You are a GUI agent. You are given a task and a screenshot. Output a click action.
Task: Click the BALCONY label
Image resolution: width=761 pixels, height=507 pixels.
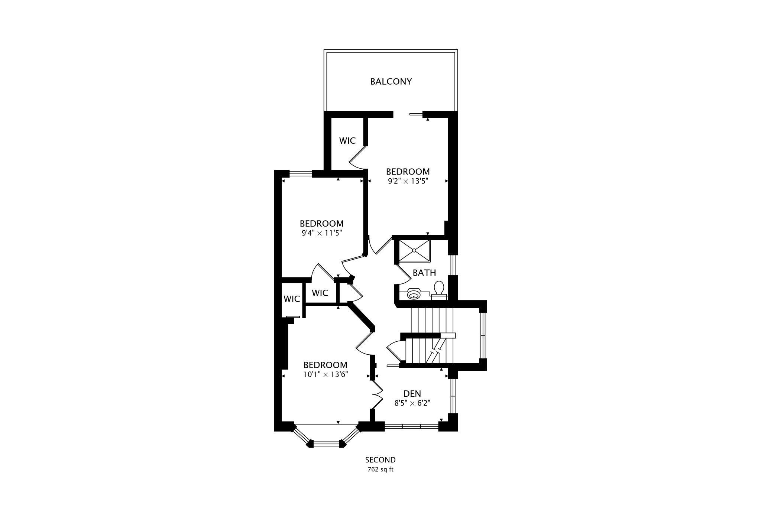click(x=391, y=81)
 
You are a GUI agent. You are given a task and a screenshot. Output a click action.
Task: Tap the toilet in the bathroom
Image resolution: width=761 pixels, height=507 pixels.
click(x=439, y=290)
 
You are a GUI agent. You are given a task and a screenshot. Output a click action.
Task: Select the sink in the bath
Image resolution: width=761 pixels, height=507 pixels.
click(x=414, y=295)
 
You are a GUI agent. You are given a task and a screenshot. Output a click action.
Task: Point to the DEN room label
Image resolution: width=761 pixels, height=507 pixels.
click(x=412, y=394)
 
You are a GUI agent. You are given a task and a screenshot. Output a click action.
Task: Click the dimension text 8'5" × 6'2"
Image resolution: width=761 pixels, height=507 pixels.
click(x=412, y=403)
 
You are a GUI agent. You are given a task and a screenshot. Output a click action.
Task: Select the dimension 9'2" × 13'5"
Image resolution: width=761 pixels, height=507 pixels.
click(x=408, y=181)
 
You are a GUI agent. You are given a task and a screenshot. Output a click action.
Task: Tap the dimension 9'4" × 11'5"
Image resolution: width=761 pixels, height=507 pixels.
click(x=321, y=233)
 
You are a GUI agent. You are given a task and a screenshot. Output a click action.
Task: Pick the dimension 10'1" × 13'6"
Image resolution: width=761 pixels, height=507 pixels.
click(x=325, y=374)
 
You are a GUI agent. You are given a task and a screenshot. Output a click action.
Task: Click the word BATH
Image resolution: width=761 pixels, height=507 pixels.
click(x=424, y=273)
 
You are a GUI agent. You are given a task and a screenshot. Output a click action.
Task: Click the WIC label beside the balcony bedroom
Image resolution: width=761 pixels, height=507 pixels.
click(x=347, y=141)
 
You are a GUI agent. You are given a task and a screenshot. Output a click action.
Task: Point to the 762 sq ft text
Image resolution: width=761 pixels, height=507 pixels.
click(x=380, y=469)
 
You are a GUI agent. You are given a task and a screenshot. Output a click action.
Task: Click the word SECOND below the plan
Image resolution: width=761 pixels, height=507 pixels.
click(x=380, y=460)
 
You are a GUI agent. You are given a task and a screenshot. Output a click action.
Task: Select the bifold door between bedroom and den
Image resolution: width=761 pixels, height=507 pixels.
click(x=377, y=395)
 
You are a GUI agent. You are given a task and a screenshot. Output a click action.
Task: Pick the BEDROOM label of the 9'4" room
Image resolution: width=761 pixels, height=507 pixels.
click(x=321, y=224)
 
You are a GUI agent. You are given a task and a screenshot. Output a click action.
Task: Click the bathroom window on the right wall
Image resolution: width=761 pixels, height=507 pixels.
click(x=453, y=264)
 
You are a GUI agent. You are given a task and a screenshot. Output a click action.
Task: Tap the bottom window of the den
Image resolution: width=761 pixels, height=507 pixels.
click(x=411, y=426)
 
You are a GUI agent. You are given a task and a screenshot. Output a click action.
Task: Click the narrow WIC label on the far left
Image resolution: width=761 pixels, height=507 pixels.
click(x=292, y=299)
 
